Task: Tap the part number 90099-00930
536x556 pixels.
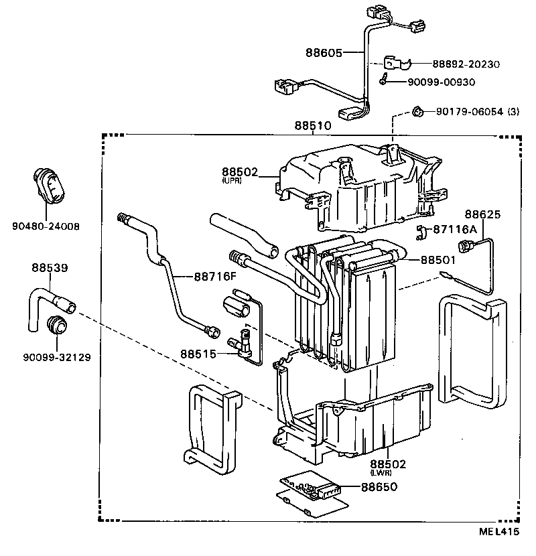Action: pyautogui.click(x=441, y=82)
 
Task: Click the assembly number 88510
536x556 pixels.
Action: pyautogui.click(x=312, y=125)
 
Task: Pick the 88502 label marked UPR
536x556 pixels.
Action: pyautogui.click(x=240, y=172)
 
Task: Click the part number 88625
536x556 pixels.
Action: pyautogui.click(x=482, y=214)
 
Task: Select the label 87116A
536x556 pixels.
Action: pyautogui.click(x=454, y=229)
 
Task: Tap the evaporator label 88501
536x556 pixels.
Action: pyautogui.click(x=438, y=259)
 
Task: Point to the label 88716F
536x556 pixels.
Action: pyautogui.click(x=216, y=276)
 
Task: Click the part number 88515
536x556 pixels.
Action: pyautogui.click(x=198, y=353)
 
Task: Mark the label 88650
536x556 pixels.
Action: pyautogui.click(x=379, y=487)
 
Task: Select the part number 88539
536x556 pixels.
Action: pyautogui.click(x=50, y=267)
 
